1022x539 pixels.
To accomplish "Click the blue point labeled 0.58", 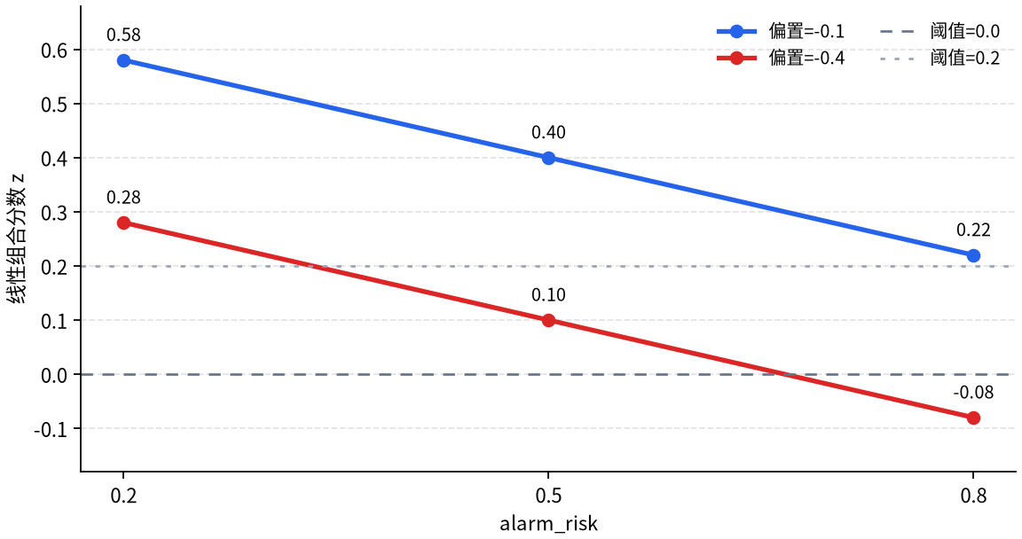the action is tap(124, 60).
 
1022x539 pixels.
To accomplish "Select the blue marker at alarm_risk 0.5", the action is tap(549, 158).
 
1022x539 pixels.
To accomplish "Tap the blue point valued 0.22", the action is tap(973, 256).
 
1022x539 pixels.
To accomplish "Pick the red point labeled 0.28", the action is tap(124, 223).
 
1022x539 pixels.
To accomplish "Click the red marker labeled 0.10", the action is tap(549, 320).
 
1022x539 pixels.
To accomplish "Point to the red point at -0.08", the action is tap(973, 418).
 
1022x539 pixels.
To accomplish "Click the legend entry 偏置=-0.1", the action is tap(780, 31).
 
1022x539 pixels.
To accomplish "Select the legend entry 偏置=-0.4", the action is tap(780, 58).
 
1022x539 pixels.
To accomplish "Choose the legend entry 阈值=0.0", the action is tap(939, 31).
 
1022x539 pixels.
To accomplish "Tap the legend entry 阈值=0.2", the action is tap(939, 58).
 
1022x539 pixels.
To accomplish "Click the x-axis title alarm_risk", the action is tap(549, 523).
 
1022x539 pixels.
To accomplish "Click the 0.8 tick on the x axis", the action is tap(973, 496).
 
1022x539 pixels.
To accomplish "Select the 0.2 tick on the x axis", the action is tap(124, 496).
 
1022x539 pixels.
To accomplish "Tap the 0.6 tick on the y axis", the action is tap(54, 51).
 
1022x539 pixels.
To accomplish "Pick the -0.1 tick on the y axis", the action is tap(51, 429).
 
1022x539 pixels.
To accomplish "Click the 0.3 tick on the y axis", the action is tap(54, 212).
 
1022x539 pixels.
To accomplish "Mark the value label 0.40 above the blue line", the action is tap(549, 132).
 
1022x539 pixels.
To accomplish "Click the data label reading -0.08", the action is tap(973, 392).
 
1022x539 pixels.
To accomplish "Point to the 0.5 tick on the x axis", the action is tap(549, 496).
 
